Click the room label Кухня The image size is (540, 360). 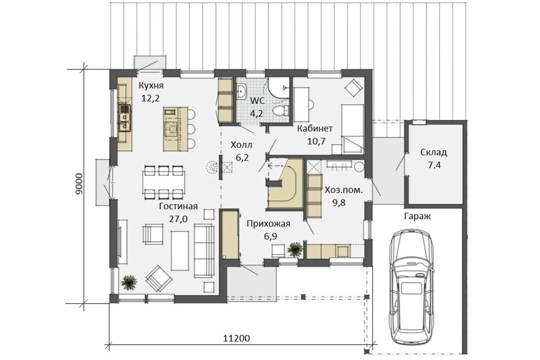point(151,85)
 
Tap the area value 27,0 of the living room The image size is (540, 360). point(178,219)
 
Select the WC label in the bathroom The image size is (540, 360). point(257,100)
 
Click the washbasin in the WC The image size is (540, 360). point(241,91)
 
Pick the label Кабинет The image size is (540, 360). point(315,129)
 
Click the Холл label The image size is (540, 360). point(242,145)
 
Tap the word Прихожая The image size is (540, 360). point(268,224)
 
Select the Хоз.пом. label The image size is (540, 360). point(343,190)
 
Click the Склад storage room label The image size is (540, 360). point(434,153)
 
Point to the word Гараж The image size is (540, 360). point(417,216)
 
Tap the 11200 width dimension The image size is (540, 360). point(236,338)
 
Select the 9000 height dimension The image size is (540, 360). point(79,184)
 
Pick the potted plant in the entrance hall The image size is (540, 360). point(295,249)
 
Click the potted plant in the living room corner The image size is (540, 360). point(129,282)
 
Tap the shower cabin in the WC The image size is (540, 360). point(279,88)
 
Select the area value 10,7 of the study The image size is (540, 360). point(316,141)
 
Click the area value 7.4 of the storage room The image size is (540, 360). point(434,165)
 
